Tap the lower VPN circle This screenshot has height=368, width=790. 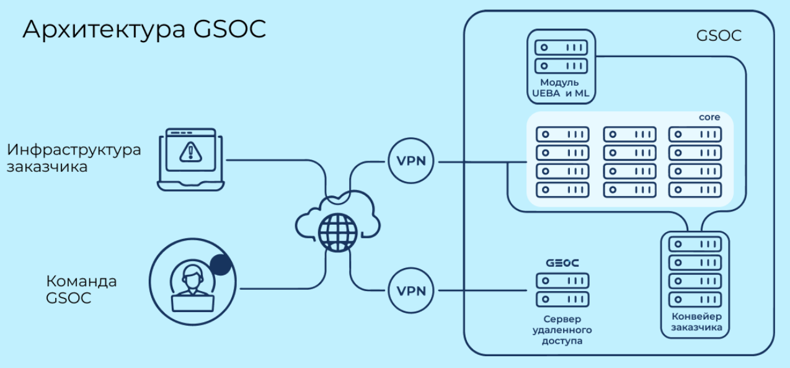[x=412, y=290]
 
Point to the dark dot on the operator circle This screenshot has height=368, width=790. [x=221, y=265]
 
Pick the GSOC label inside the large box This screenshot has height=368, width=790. [x=719, y=35]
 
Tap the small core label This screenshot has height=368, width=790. [x=709, y=117]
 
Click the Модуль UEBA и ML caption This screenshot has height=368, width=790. [x=560, y=88]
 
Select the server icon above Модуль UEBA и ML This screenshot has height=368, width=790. [x=561, y=56]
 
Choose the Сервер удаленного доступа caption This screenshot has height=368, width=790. [x=562, y=330]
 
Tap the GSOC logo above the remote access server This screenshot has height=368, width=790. [x=562, y=263]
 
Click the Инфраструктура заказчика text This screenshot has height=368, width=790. [x=74, y=158]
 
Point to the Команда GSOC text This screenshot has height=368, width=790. [x=81, y=289]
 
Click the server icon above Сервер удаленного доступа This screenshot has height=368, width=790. [x=562, y=289]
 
